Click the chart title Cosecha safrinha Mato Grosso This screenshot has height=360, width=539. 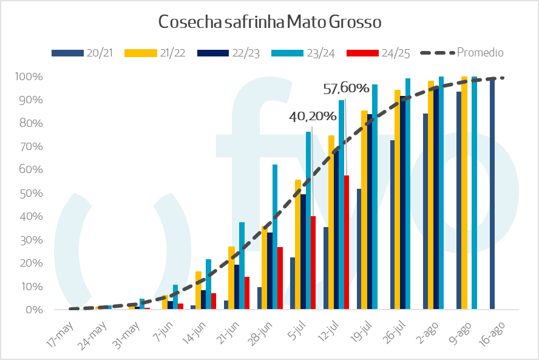pyautogui.click(x=269, y=22)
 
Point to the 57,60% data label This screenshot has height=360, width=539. pyautogui.click(x=346, y=89)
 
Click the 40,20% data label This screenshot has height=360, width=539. pyautogui.click(x=313, y=116)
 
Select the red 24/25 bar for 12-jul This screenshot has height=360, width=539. pyautogui.click(x=347, y=243)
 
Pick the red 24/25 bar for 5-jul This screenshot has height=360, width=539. pyautogui.click(x=313, y=263)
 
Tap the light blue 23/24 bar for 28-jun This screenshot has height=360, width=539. pyautogui.click(x=275, y=237)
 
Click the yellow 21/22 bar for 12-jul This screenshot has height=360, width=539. pyautogui.click(x=331, y=222)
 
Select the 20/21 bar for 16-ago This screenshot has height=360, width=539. pyautogui.click(x=492, y=194)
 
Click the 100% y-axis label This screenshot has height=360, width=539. pyautogui.click(x=29, y=76)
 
